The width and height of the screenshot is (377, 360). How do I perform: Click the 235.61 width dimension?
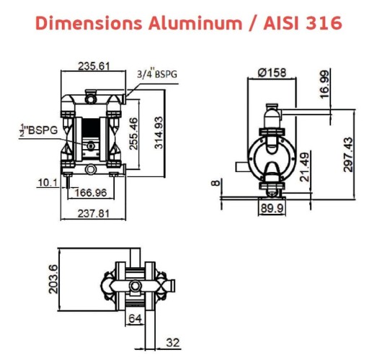(94, 66)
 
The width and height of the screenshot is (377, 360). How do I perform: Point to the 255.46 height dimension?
(133, 132)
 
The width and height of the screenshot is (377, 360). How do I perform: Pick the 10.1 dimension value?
(47, 183)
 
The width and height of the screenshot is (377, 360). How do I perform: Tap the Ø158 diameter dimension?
(272, 71)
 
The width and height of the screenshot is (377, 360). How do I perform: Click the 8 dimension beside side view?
(214, 183)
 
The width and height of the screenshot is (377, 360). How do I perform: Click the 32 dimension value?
(173, 343)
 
